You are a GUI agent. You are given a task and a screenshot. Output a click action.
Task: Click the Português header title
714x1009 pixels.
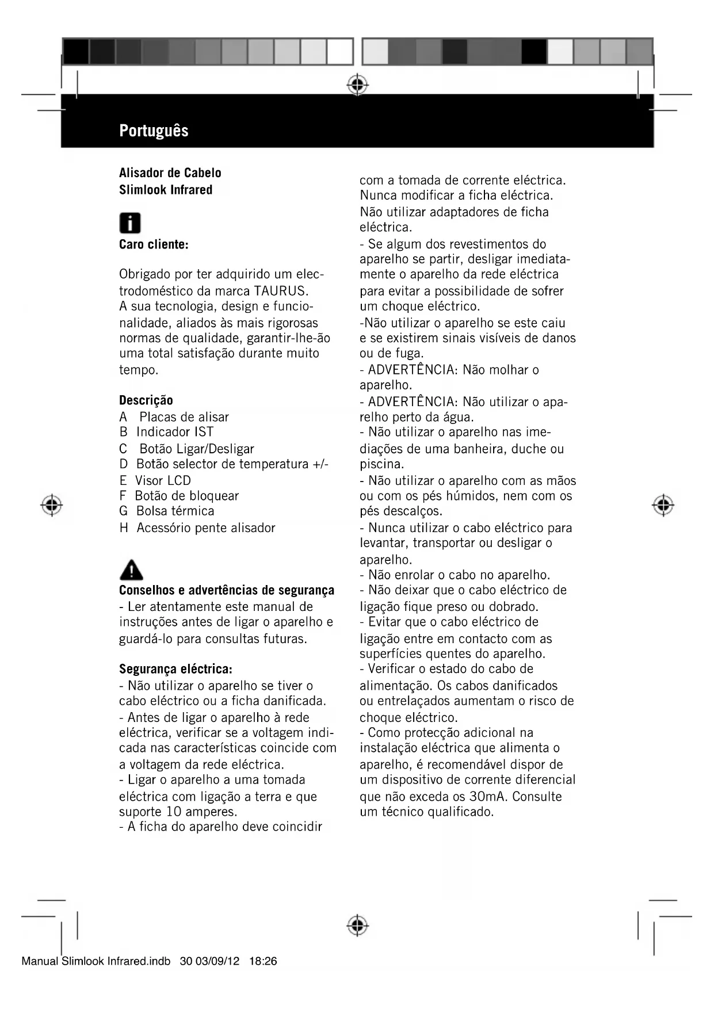[154, 131]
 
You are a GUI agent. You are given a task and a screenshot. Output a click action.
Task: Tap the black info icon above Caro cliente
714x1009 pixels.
[129, 223]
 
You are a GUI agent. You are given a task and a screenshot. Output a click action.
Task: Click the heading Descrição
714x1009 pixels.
[146, 400]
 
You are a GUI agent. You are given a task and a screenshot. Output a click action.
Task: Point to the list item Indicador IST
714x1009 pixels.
[175, 432]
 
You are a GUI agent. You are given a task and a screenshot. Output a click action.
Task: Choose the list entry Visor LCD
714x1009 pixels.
[163, 480]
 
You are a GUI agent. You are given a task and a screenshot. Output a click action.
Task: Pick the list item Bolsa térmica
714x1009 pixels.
[175, 511]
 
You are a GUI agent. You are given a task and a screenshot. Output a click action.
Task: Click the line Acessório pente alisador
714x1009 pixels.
[206, 528]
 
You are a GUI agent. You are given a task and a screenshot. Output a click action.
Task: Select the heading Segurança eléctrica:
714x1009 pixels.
[175, 669]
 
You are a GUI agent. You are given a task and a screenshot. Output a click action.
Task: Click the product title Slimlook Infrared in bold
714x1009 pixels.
[166, 190]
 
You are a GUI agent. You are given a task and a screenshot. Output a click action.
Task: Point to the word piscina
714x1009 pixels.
[381, 464]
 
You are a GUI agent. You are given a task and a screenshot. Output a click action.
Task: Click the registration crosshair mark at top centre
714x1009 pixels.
[357, 85]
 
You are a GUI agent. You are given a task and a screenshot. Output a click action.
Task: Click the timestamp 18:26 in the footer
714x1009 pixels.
[264, 961]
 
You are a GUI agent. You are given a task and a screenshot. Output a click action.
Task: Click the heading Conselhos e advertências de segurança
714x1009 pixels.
[227, 590]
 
